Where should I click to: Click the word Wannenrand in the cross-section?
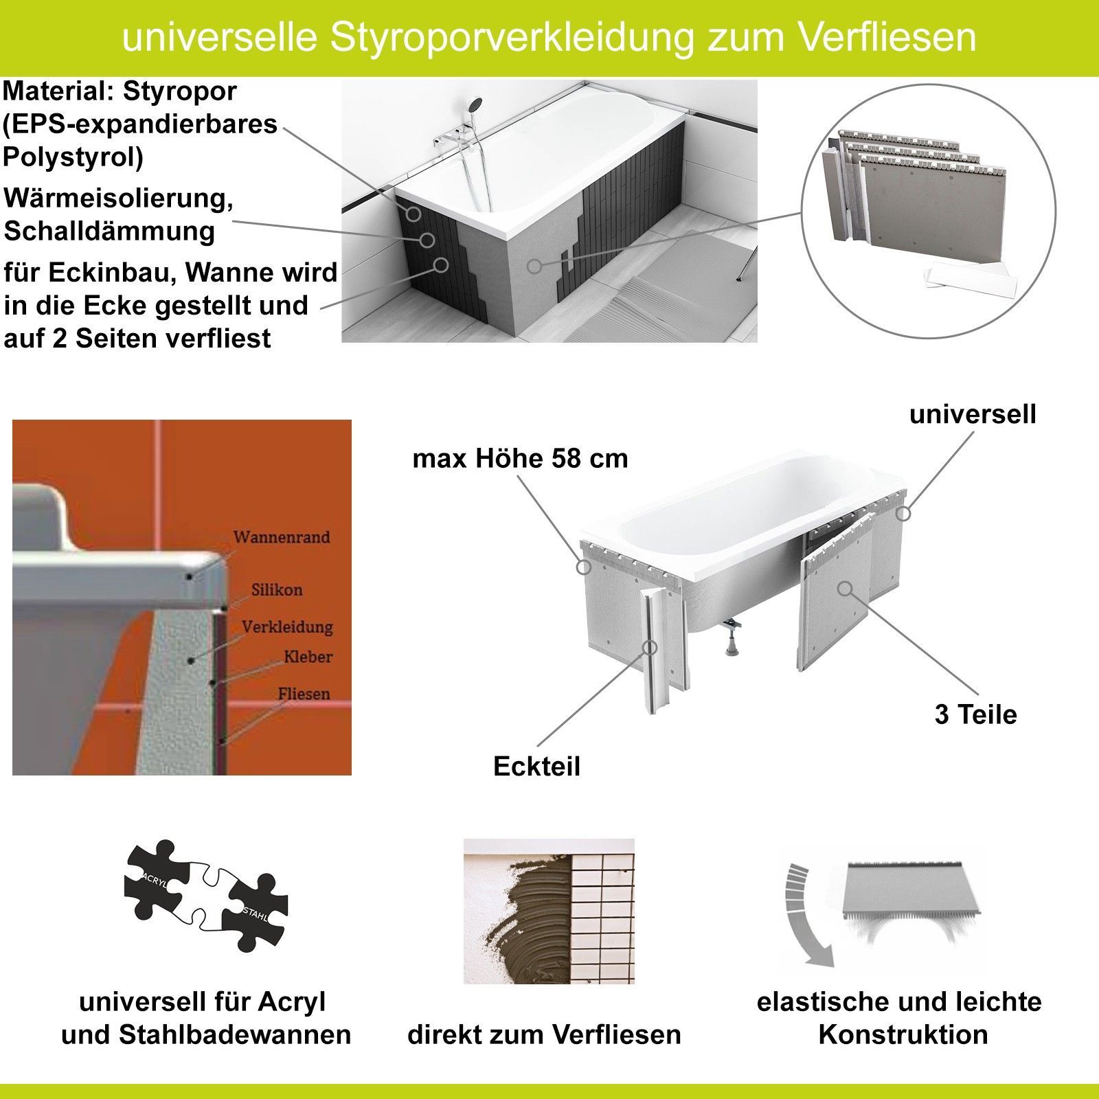(x=282, y=536)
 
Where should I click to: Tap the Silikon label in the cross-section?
(x=277, y=589)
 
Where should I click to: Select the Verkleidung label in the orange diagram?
(x=287, y=627)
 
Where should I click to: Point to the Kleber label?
(x=308, y=657)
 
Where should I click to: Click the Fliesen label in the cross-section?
(x=304, y=694)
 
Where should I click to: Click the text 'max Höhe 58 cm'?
(x=520, y=459)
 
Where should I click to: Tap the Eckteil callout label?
(x=536, y=766)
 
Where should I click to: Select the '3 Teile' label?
(x=975, y=714)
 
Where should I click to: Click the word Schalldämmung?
(x=109, y=231)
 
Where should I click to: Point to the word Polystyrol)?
(x=73, y=158)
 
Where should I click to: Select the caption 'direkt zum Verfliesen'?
(x=544, y=1034)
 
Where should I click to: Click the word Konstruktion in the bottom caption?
(x=903, y=1034)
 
